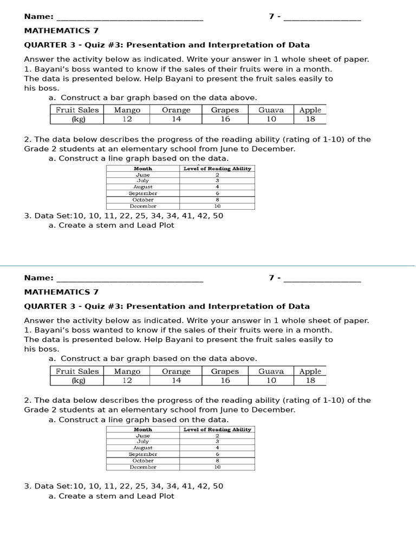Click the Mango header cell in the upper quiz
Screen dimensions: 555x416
[x=127, y=109]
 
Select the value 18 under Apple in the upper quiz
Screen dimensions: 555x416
[x=310, y=119]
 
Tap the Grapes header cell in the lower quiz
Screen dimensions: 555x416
[x=225, y=371]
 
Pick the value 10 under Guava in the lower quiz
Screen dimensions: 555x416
[x=271, y=380]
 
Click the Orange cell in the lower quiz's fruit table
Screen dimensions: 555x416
[x=176, y=371]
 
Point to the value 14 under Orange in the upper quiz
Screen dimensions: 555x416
[x=176, y=119]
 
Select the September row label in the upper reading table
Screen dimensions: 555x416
[x=143, y=193]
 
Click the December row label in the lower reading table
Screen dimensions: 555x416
[x=143, y=467]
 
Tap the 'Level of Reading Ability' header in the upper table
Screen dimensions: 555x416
[x=217, y=169]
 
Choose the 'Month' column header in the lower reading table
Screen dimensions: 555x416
[x=143, y=429]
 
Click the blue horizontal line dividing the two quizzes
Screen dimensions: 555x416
[x=208, y=266]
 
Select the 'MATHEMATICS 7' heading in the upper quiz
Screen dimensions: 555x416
[x=61, y=31]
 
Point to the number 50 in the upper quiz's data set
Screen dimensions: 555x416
[x=218, y=216]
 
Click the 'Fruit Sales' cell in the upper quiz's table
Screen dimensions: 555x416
[x=77, y=109]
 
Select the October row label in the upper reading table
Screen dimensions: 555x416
[x=143, y=200]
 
